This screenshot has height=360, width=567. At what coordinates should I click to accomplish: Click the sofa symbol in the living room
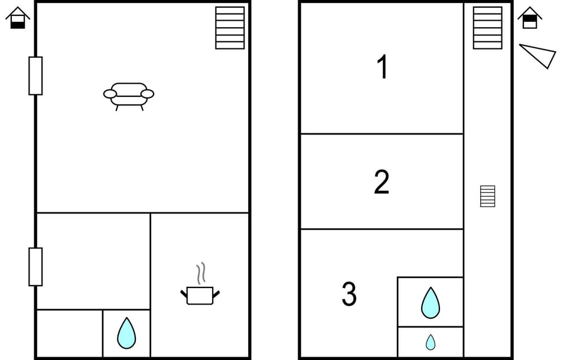pyautogui.click(x=129, y=94)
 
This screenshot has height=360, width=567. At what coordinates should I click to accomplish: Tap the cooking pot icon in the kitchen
pyautogui.click(x=200, y=294)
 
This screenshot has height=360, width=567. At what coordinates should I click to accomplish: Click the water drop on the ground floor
pyautogui.click(x=126, y=333)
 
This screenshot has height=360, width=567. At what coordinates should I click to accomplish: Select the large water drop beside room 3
pyautogui.click(x=430, y=303)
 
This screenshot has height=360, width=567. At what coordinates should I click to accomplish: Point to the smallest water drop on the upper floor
pyautogui.click(x=431, y=342)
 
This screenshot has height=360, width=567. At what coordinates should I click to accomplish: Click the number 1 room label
pyautogui.click(x=383, y=67)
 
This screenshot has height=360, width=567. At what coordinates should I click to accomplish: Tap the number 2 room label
pyautogui.click(x=382, y=182)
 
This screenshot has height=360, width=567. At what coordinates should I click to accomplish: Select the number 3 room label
pyautogui.click(x=349, y=294)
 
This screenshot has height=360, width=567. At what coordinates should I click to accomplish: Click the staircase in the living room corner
pyautogui.click(x=230, y=28)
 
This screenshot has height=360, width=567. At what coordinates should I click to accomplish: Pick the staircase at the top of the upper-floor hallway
pyautogui.click(x=487, y=28)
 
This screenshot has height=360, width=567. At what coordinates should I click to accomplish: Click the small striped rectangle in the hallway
pyautogui.click(x=487, y=196)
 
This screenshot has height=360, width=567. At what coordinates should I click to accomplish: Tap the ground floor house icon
pyautogui.click(x=18, y=18)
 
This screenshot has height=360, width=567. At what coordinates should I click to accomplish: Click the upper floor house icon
pyautogui.click(x=530, y=18)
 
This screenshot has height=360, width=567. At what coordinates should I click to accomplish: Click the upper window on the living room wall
pyautogui.click(x=35, y=76)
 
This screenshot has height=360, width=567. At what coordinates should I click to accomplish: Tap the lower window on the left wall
pyautogui.click(x=35, y=267)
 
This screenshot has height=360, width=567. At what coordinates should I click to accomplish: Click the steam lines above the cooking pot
pyautogui.click(x=201, y=273)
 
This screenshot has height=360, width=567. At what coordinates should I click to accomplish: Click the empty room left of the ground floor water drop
pyautogui.click(x=69, y=333)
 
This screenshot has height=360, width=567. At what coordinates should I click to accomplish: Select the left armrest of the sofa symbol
pyautogui.click(x=110, y=93)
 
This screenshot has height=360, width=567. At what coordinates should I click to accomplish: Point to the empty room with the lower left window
pyautogui.click(x=93, y=261)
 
